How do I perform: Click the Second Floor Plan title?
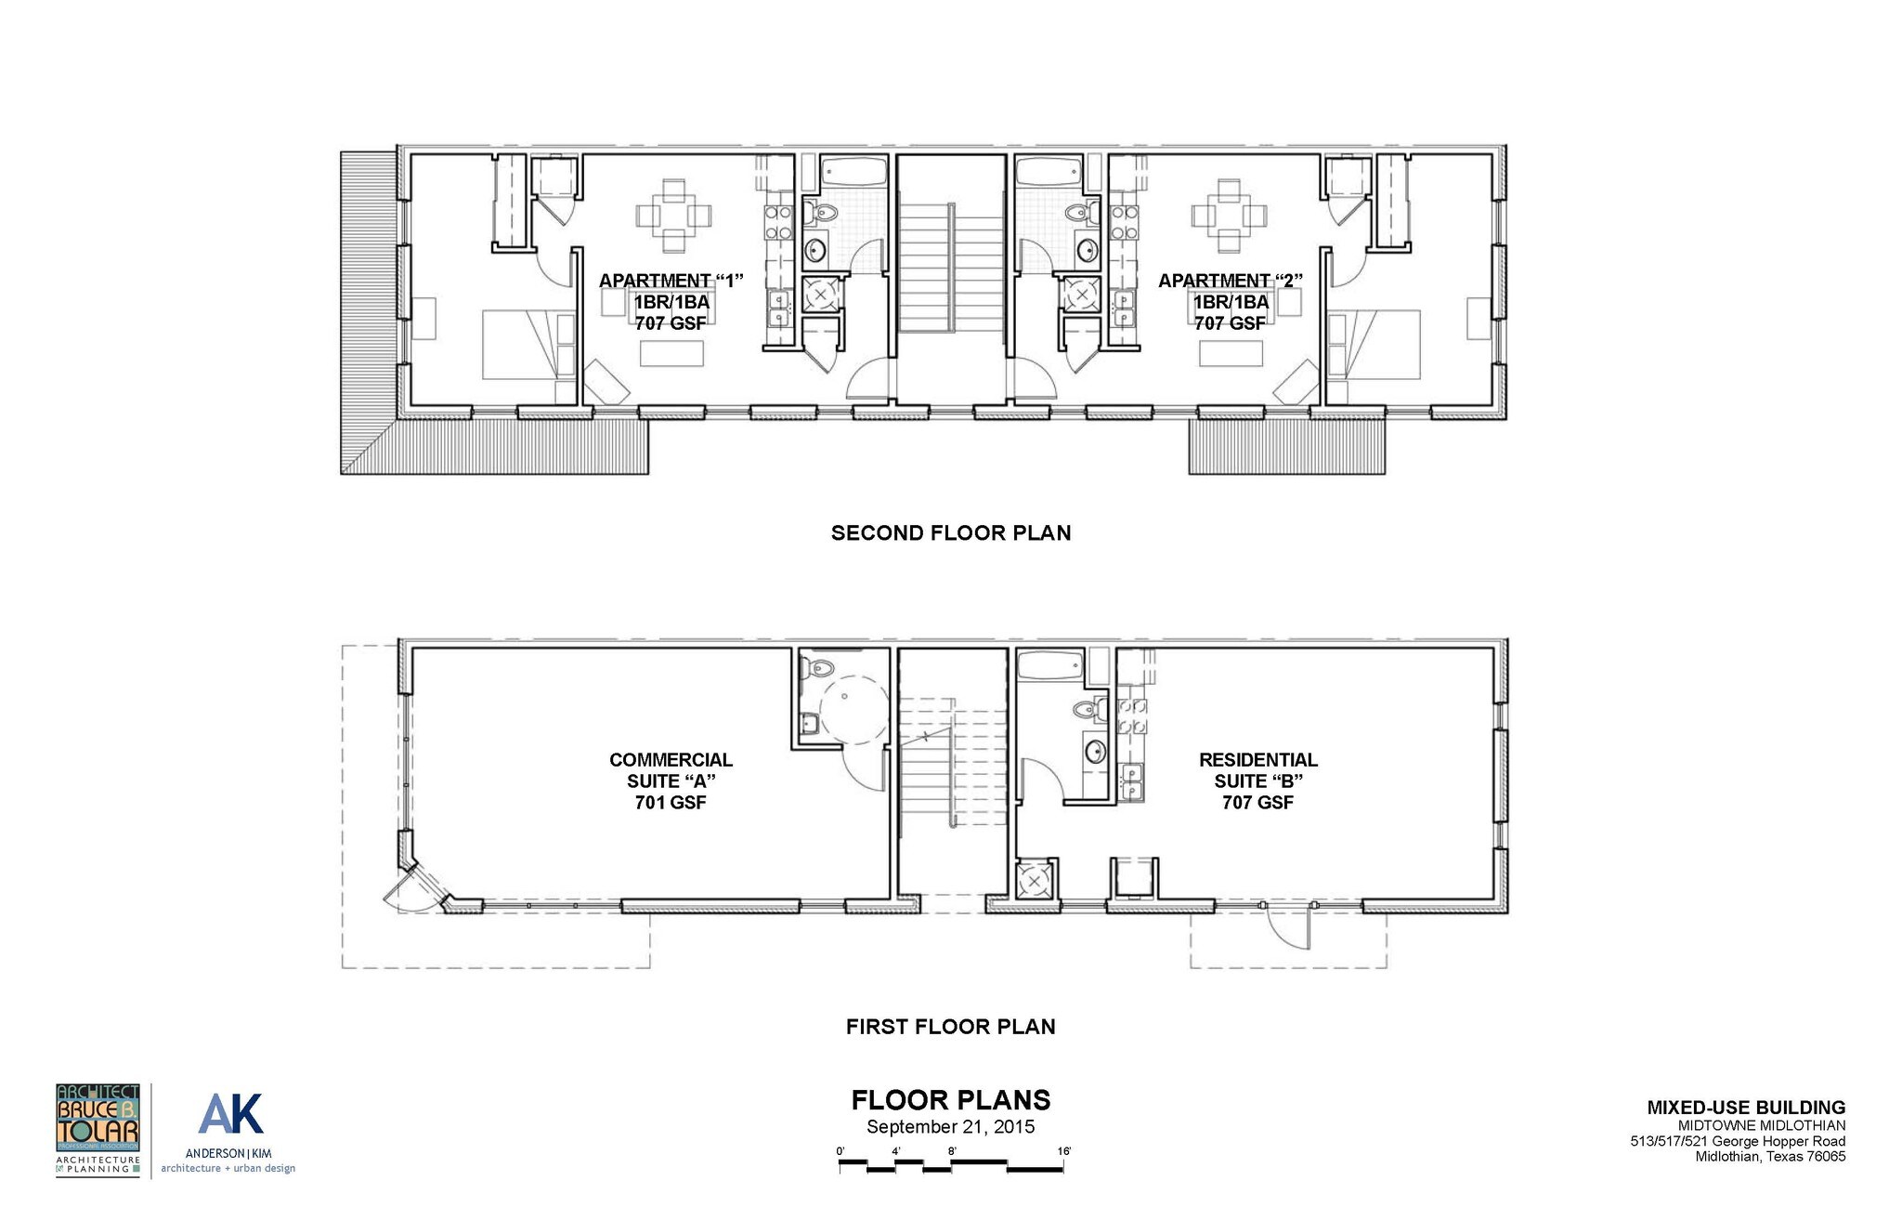(950, 533)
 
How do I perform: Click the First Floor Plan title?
(950, 1027)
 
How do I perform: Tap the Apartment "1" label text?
(671, 281)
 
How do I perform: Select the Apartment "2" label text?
(1231, 281)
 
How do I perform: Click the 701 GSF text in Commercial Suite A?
(671, 803)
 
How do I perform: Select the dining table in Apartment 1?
(674, 216)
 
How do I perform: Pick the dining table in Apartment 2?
(1230, 216)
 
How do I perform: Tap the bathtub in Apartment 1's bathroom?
(854, 173)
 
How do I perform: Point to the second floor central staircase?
(951, 269)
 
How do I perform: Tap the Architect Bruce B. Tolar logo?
(98, 1129)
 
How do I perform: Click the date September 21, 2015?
(950, 1128)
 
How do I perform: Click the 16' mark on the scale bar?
(1063, 1152)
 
